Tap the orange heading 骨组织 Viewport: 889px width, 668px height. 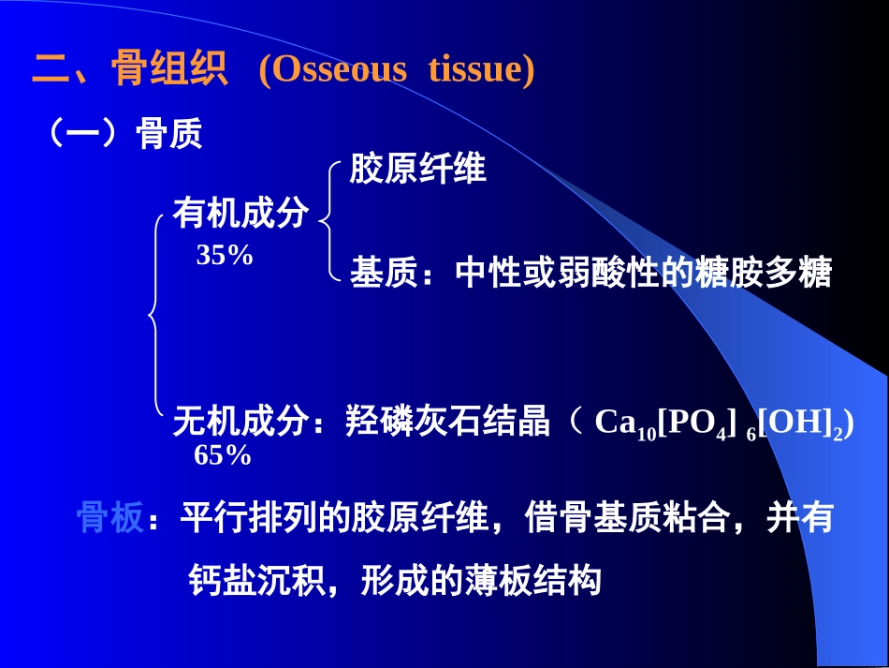(x=169, y=69)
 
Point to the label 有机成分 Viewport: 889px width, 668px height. (x=240, y=215)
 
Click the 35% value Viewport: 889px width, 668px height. (x=225, y=255)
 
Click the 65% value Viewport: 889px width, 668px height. (x=223, y=456)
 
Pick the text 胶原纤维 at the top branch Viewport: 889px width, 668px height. (x=417, y=170)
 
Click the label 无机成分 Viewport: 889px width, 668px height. (x=240, y=423)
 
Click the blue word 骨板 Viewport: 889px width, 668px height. (x=109, y=517)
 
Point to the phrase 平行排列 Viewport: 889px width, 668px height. (x=248, y=517)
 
